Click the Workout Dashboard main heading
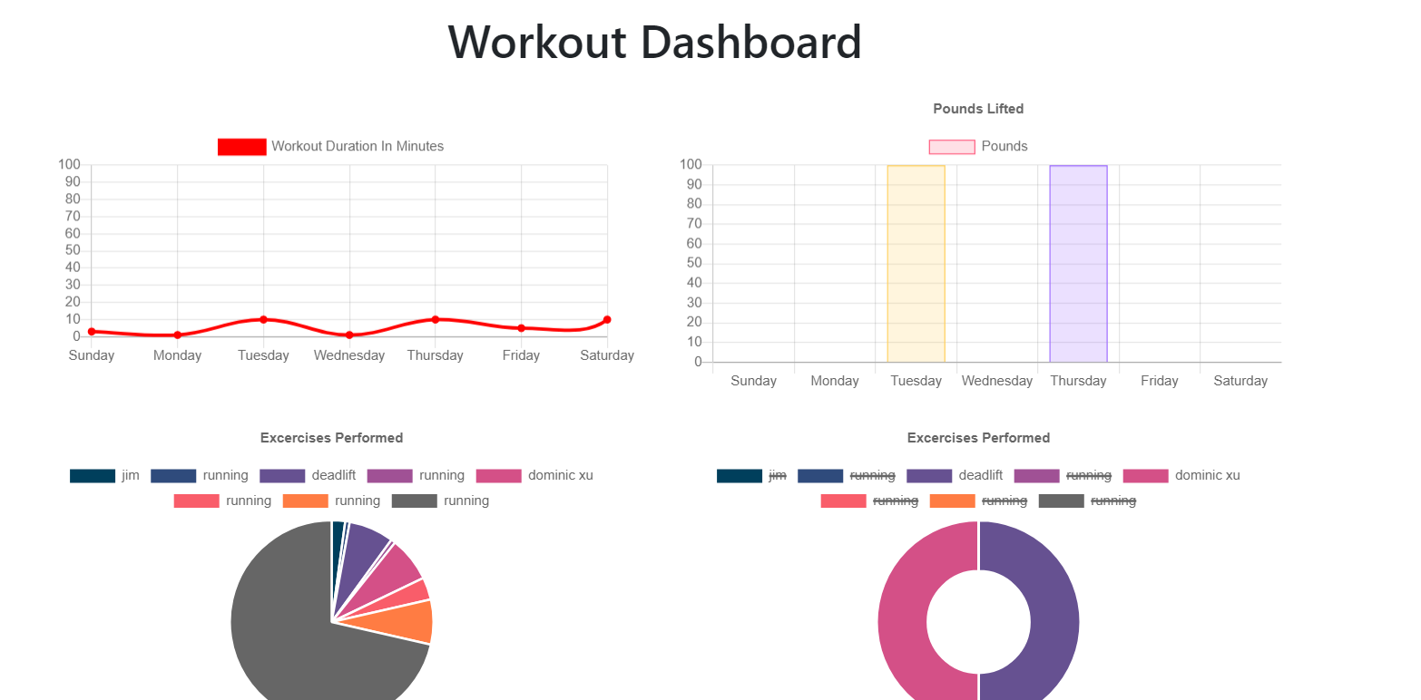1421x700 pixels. tap(654, 42)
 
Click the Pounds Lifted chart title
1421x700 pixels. tap(978, 109)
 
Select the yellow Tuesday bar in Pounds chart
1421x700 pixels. tap(916, 263)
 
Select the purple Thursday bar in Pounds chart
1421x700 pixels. tap(1078, 263)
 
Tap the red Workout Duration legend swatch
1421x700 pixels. tap(241, 147)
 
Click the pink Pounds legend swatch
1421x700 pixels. tap(952, 147)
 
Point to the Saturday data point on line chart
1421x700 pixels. tap(607, 319)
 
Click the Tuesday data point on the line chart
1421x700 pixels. tap(263, 319)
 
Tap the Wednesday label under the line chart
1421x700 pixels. tap(349, 355)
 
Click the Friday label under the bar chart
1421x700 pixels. tap(1159, 381)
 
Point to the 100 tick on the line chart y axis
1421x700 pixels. tap(70, 165)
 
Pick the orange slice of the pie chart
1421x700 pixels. tap(413, 621)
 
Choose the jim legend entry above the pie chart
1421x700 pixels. tap(105, 476)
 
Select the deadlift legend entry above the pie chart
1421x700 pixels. tap(308, 476)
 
